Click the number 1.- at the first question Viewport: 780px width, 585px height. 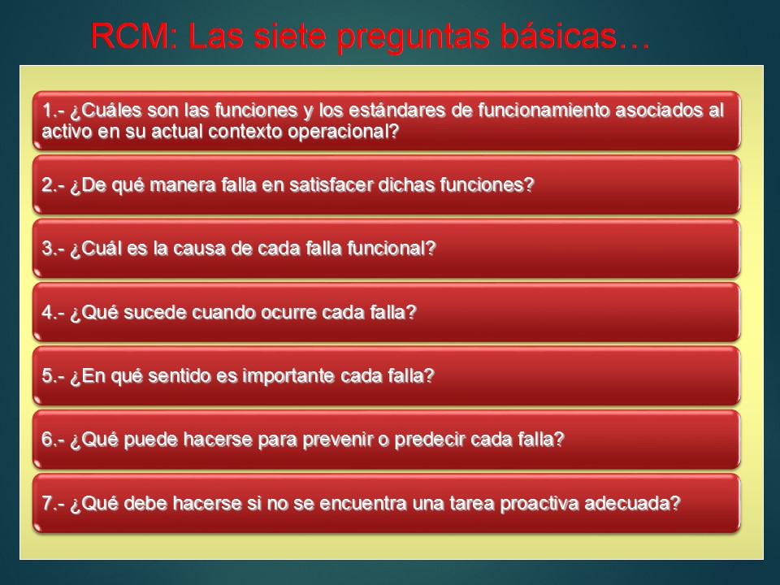tap(54, 110)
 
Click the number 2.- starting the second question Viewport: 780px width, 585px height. tap(54, 184)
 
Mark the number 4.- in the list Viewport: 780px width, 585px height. tap(54, 312)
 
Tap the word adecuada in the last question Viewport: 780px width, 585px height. tap(636, 503)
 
